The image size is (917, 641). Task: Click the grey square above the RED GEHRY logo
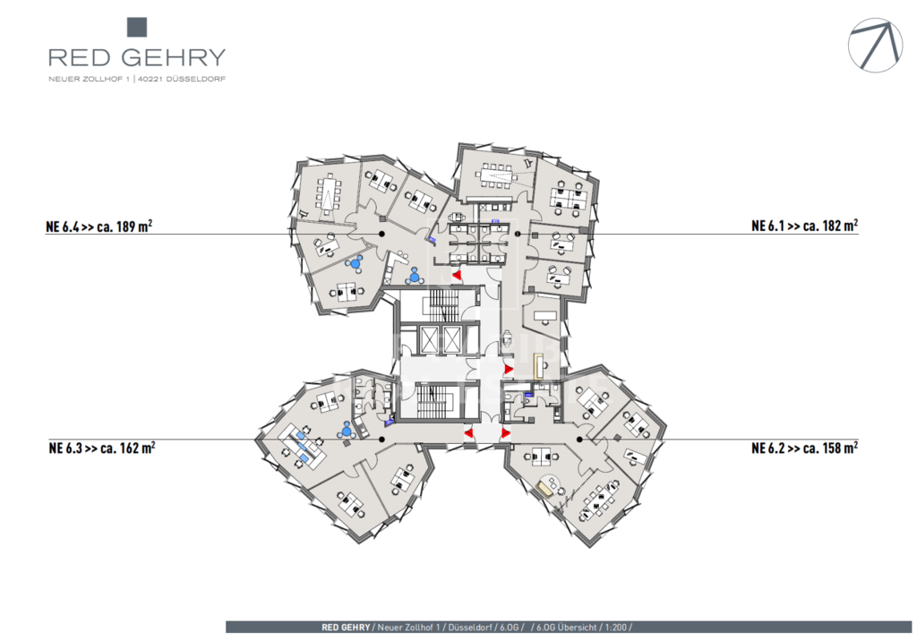(137, 28)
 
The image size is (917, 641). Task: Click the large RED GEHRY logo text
(137, 57)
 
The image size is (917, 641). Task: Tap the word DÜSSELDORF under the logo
(195, 79)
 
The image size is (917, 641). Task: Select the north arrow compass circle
(876, 45)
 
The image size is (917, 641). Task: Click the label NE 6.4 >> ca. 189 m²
(99, 226)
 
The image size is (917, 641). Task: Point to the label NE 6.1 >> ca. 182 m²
(805, 226)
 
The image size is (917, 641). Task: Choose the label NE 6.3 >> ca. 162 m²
(102, 448)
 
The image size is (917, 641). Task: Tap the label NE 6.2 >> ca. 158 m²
(805, 448)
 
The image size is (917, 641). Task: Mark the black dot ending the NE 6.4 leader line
(381, 234)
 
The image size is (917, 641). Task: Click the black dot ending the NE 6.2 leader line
(579, 440)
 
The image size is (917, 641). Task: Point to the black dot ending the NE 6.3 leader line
(381, 440)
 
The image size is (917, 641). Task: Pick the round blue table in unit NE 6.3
(347, 432)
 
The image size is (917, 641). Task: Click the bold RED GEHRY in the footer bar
(346, 627)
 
